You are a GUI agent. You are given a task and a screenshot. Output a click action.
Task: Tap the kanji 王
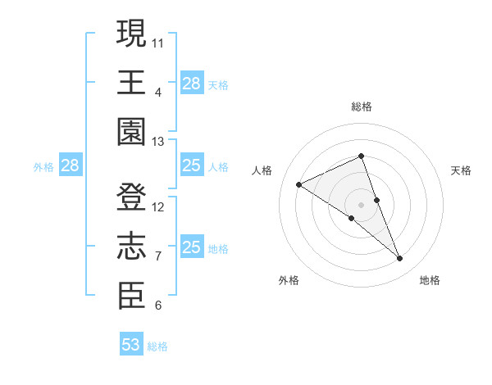132,82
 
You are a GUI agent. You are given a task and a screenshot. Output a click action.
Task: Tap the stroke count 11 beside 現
158,41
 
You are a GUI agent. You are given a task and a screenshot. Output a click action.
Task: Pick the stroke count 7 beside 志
158,256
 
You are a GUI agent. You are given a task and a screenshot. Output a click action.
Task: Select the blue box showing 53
131,345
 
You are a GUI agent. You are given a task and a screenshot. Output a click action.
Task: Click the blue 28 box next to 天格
191,84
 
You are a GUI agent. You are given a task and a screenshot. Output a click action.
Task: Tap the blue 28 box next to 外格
70,166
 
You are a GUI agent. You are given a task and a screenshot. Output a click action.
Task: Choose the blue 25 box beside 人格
191,166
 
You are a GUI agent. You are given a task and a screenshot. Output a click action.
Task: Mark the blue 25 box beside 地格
191,247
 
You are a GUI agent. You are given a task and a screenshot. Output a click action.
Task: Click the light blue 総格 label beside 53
157,346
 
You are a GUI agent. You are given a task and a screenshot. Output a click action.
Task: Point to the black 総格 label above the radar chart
361,106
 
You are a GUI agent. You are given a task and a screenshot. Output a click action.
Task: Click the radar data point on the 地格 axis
400,259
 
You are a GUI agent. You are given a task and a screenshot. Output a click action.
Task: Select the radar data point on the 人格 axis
299,184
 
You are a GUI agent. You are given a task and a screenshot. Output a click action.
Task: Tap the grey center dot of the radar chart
361,204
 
